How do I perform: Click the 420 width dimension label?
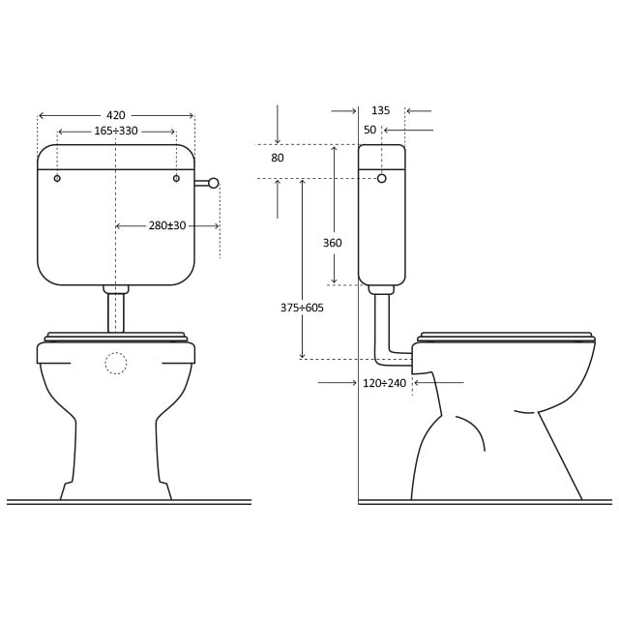(x=116, y=115)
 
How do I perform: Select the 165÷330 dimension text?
(x=116, y=131)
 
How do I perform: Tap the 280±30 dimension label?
(x=167, y=225)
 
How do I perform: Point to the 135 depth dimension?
(x=380, y=110)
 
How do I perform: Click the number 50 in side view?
(x=369, y=130)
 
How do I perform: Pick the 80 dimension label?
(x=278, y=158)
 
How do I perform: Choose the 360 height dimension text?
(x=333, y=243)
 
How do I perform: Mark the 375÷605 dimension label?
(x=302, y=308)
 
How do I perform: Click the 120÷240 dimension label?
(x=385, y=383)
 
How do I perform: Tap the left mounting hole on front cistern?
(x=57, y=178)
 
